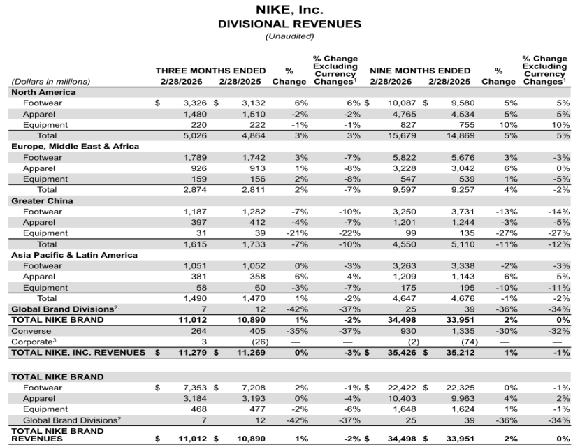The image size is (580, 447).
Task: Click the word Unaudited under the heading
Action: tap(289, 36)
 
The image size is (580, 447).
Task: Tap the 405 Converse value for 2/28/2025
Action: tap(255, 331)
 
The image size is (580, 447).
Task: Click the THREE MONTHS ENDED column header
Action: tap(210, 71)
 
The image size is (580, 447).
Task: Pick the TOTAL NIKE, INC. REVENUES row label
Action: tap(78, 353)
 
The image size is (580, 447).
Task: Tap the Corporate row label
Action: tap(32, 342)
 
